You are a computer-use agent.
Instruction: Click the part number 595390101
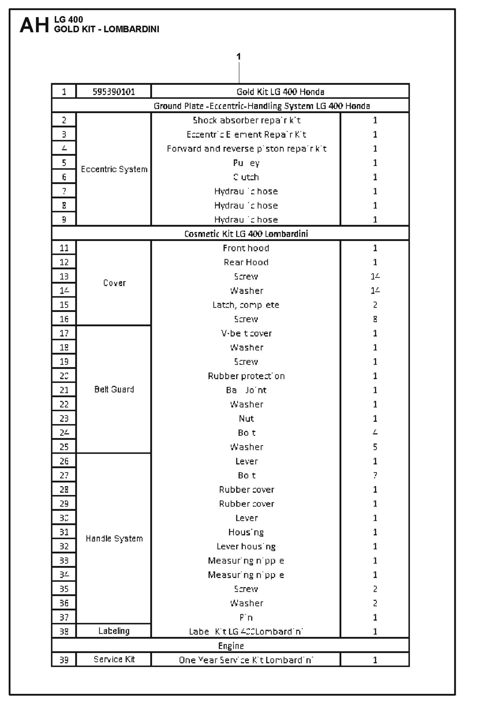tap(114, 92)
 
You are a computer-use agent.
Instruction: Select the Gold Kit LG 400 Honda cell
tap(280, 92)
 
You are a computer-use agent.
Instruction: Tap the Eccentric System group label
tap(114, 169)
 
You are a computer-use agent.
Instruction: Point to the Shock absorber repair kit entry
tap(246, 120)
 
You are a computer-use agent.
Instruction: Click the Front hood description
tap(246, 248)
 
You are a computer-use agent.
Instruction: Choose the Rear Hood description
tap(246, 262)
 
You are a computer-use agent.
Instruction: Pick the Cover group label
tap(114, 283)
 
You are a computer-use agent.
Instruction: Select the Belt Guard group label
tap(114, 389)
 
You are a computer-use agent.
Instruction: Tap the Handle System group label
tap(114, 539)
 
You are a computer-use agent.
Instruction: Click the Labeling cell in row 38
tap(114, 631)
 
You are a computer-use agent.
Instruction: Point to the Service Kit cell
tap(114, 659)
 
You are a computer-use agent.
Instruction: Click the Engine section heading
tap(231, 646)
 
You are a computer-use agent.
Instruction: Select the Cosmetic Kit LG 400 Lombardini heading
tap(246, 234)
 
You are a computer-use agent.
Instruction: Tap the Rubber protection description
tap(246, 376)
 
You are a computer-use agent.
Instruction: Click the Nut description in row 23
tap(246, 419)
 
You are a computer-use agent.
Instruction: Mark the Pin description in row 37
tap(246, 617)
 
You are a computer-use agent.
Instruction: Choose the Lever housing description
tap(246, 546)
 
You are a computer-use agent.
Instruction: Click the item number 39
tap(64, 660)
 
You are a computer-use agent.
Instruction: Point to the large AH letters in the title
tap(34, 25)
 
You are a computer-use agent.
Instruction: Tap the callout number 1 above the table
tap(239, 56)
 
